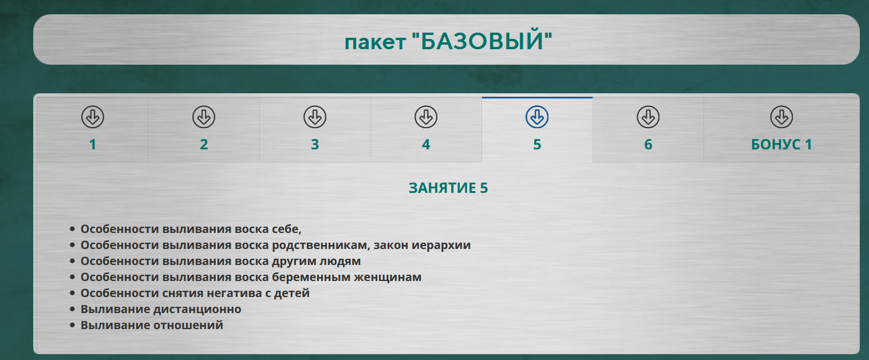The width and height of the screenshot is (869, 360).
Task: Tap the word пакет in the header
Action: [375, 42]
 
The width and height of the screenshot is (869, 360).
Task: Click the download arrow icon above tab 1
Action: [93, 117]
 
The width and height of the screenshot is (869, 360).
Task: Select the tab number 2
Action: [204, 144]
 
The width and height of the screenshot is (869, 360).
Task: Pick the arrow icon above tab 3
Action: [315, 117]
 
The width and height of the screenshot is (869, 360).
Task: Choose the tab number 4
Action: [426, 144]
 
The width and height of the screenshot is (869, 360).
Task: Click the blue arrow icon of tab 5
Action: [537, 117]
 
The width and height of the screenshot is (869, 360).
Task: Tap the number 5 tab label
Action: [537, 144]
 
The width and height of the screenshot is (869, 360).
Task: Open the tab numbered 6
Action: [648, 144]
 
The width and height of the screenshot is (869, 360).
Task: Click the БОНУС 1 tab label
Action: [781, 144]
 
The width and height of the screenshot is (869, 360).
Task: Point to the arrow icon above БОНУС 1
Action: [782, 117]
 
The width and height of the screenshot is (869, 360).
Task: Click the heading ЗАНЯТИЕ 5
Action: [448, 188]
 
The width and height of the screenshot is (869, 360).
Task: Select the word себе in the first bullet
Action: [285, 229]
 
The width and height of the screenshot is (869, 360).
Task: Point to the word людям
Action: [340, 262]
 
